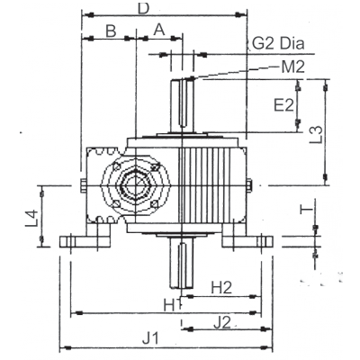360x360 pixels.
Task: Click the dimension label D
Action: [x=143, y=9]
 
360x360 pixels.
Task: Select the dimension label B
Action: [x=111, y=31]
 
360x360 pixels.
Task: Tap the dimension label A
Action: [x=159, y=30]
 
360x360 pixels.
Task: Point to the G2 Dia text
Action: [x=278, y=44]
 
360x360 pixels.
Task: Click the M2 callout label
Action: [x=292, y=67]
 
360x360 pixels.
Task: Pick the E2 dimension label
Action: [x=284, y=105]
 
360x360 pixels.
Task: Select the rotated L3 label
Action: [x=316, y=134]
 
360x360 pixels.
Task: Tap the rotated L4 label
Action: [x=31, y=218]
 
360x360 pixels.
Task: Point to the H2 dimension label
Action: [x=221, y=288]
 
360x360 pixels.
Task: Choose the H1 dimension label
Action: [x=171, y=305]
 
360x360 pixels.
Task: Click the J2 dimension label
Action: [x=222, y=323]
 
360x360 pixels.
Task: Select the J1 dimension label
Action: [x=150, y=339]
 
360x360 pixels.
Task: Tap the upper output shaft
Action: [x=183, y=105]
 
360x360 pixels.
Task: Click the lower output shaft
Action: [x=182, y=263]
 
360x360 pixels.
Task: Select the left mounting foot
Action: [x=85, y=239]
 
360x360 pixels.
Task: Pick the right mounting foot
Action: [x=247, y=239]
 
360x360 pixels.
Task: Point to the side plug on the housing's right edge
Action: [x=249, y=184]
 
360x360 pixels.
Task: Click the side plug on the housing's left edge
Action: [x=84, y=184]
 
